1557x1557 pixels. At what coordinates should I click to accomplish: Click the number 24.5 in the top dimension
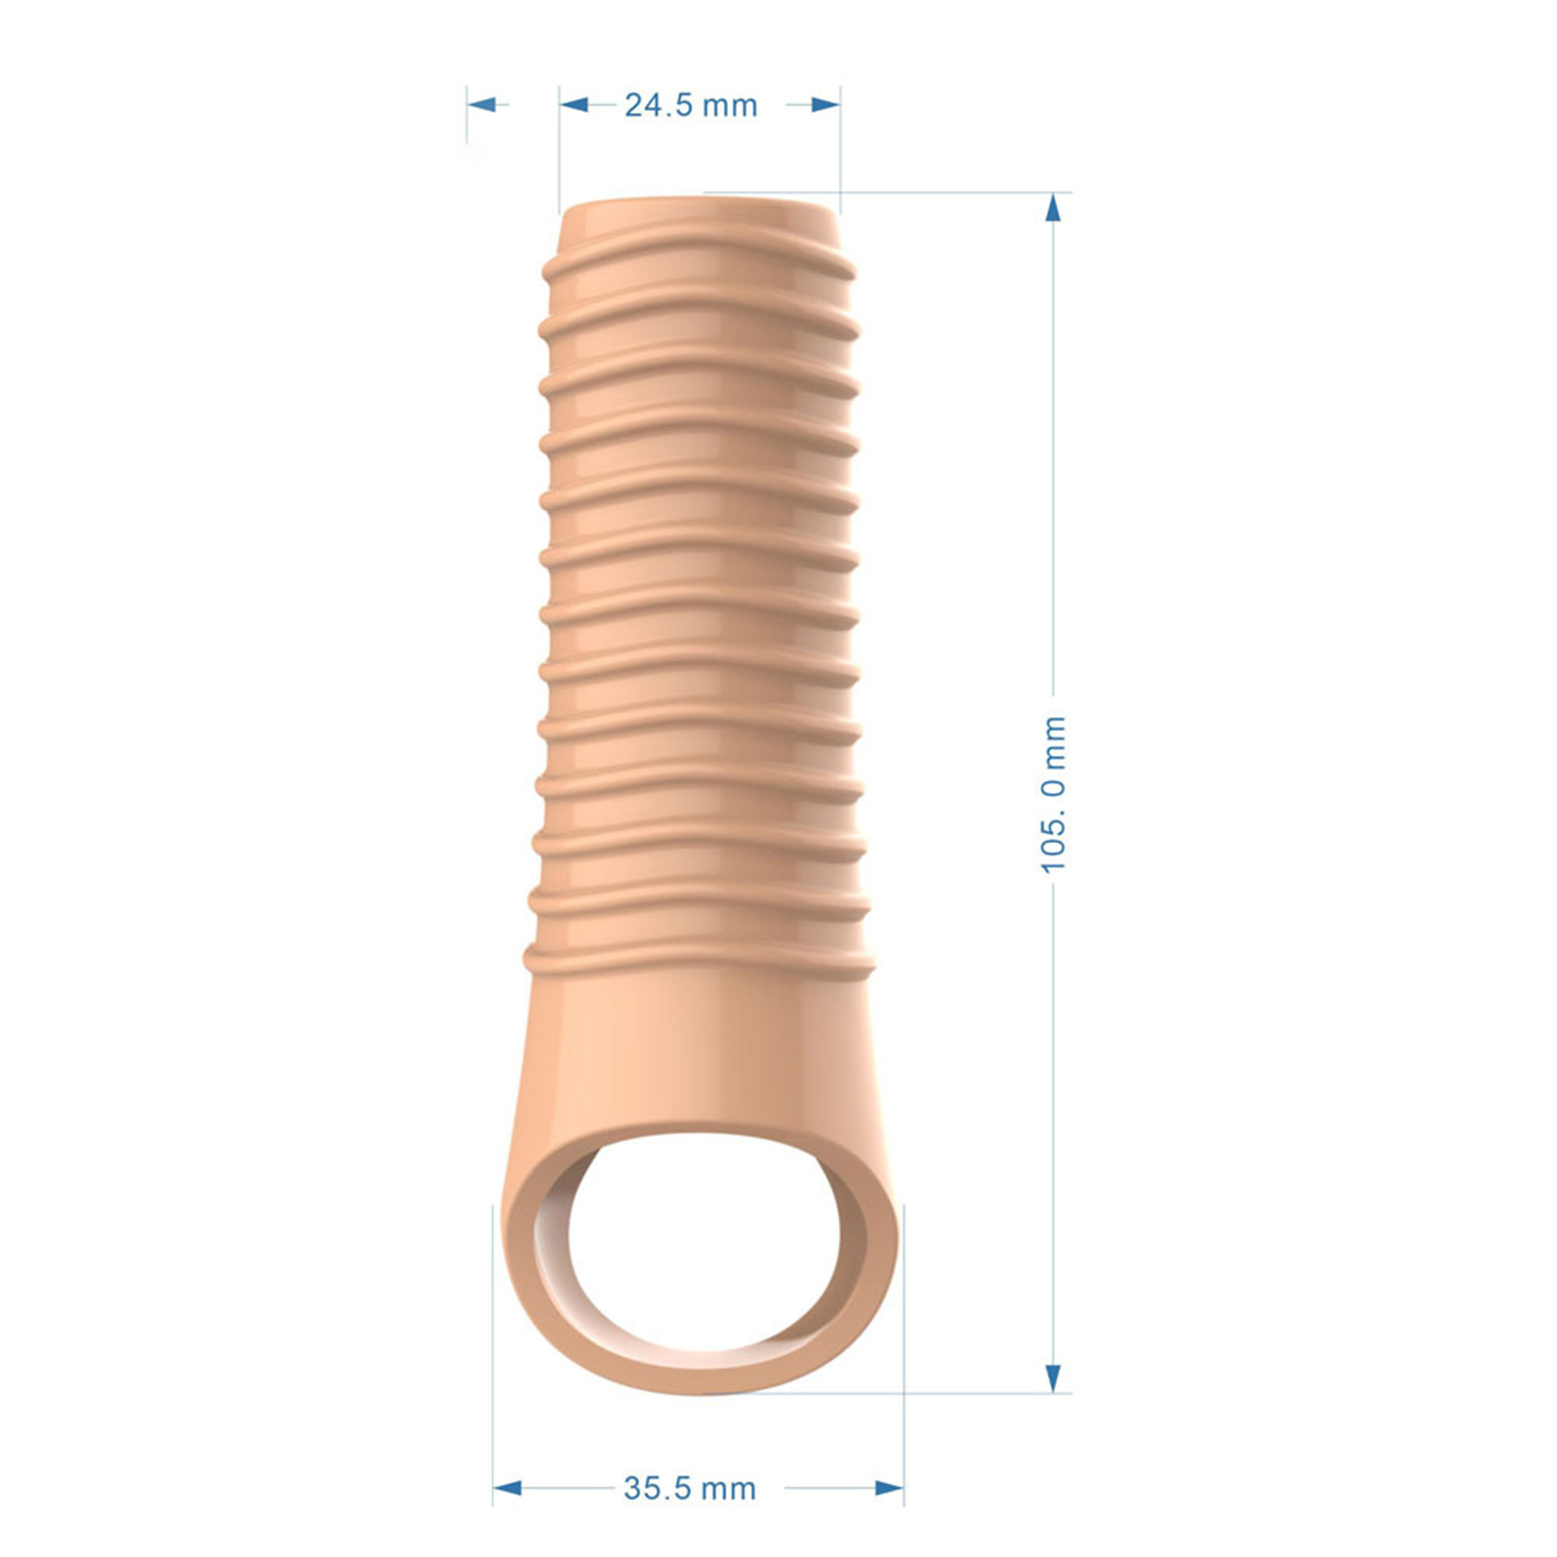(x=657, y=105)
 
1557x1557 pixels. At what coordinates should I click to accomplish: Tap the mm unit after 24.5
(x=729, y=106)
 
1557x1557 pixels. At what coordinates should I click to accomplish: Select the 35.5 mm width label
(x=690, y=1488)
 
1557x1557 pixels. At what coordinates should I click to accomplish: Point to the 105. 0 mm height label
(x=1054, y=794)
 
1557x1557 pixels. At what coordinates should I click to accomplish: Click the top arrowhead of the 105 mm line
(x=1053, y=207)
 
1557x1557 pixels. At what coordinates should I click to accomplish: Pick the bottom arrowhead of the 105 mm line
(x=1053, y=1377)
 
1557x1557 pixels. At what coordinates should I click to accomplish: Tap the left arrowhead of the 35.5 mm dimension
(x=507, y=1488)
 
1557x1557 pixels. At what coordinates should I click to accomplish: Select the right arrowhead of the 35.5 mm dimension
(x=889, y=1488)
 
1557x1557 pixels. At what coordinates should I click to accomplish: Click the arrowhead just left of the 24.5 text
(x=574, y=104)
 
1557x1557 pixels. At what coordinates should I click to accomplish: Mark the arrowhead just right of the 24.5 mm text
(x=825, y=104)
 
